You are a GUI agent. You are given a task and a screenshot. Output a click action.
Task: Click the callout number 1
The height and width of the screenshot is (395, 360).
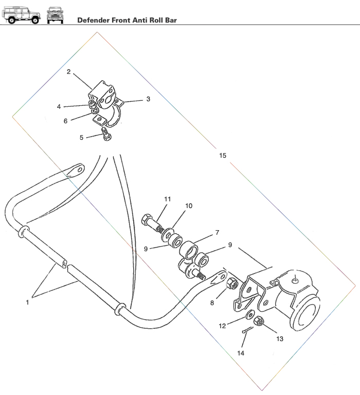point(27,303)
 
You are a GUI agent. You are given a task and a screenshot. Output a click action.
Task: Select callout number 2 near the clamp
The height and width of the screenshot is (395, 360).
point(68,72)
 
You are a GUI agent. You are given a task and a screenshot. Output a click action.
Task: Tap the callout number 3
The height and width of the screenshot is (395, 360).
point(148,99)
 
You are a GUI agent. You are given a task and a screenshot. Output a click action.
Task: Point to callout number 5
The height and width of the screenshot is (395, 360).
point(81,137)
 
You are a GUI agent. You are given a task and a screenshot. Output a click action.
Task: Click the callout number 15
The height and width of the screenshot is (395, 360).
point(222,155)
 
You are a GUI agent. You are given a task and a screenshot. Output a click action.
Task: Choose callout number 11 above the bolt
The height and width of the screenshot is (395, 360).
point(168,199)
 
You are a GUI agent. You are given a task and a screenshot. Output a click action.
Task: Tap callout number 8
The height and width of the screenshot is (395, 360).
point(212,303)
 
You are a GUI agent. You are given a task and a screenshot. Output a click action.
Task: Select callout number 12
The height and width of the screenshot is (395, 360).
point(222,326)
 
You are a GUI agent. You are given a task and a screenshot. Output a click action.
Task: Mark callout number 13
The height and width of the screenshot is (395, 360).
point(280,338)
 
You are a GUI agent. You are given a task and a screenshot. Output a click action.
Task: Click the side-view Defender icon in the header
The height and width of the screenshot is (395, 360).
point(22,14)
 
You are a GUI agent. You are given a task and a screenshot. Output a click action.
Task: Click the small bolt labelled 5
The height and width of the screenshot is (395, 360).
point(106,136)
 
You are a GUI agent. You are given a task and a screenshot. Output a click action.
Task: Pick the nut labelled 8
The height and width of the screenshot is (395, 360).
point(232,283)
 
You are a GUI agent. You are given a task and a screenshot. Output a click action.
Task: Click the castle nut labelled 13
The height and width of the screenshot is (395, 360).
point(259,321)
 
